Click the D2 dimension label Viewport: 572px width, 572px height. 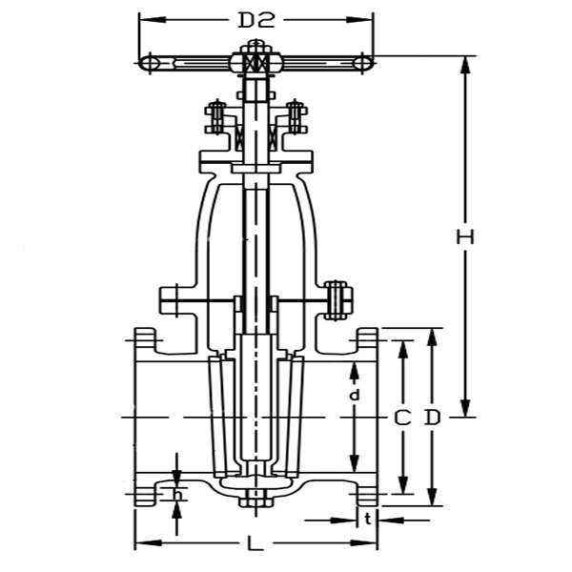[255, 20]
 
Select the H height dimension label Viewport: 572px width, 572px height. [465, 237]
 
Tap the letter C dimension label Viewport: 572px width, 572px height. [403, 418]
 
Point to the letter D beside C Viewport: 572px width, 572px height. [433, 418]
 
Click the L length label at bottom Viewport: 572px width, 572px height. [255, 544]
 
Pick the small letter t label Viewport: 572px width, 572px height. [367, 520]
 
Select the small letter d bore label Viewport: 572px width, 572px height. [354, 394]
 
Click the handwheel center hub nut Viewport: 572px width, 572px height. [255, 62]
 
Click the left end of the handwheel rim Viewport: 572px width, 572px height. [149, 62]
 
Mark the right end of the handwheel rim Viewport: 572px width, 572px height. [363, 62]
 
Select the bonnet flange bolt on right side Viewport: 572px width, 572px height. [336, 298]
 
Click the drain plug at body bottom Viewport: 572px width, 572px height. [255, 497]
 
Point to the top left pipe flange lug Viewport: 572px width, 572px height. [145, 338]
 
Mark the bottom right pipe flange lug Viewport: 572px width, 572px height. [367, 496]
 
